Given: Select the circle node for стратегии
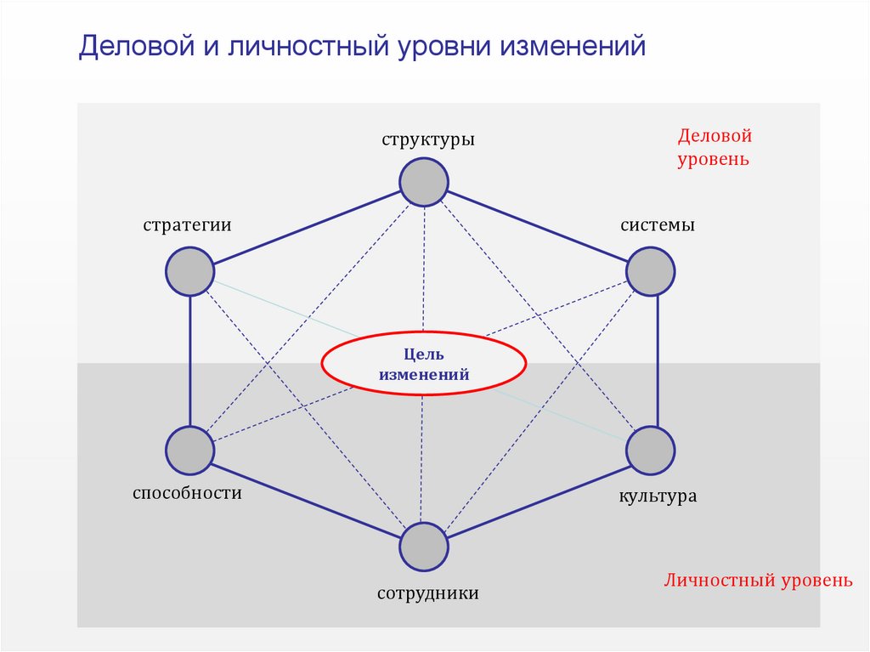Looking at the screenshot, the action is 189,271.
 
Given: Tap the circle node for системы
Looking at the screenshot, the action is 651,271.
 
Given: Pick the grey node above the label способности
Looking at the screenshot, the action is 189,451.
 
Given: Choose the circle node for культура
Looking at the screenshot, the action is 651,451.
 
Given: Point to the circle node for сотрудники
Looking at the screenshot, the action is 424,547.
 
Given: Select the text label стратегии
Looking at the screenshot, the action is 188,225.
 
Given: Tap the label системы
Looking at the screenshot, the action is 658,225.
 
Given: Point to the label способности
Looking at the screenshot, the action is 188,492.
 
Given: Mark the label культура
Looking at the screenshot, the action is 658,496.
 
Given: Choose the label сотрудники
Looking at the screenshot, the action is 428,592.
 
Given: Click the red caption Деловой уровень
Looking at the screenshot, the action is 715,147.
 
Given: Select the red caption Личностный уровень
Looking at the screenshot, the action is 758,581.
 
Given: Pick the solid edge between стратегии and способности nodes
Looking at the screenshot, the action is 189,361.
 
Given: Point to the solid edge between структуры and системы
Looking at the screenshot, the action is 538,226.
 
